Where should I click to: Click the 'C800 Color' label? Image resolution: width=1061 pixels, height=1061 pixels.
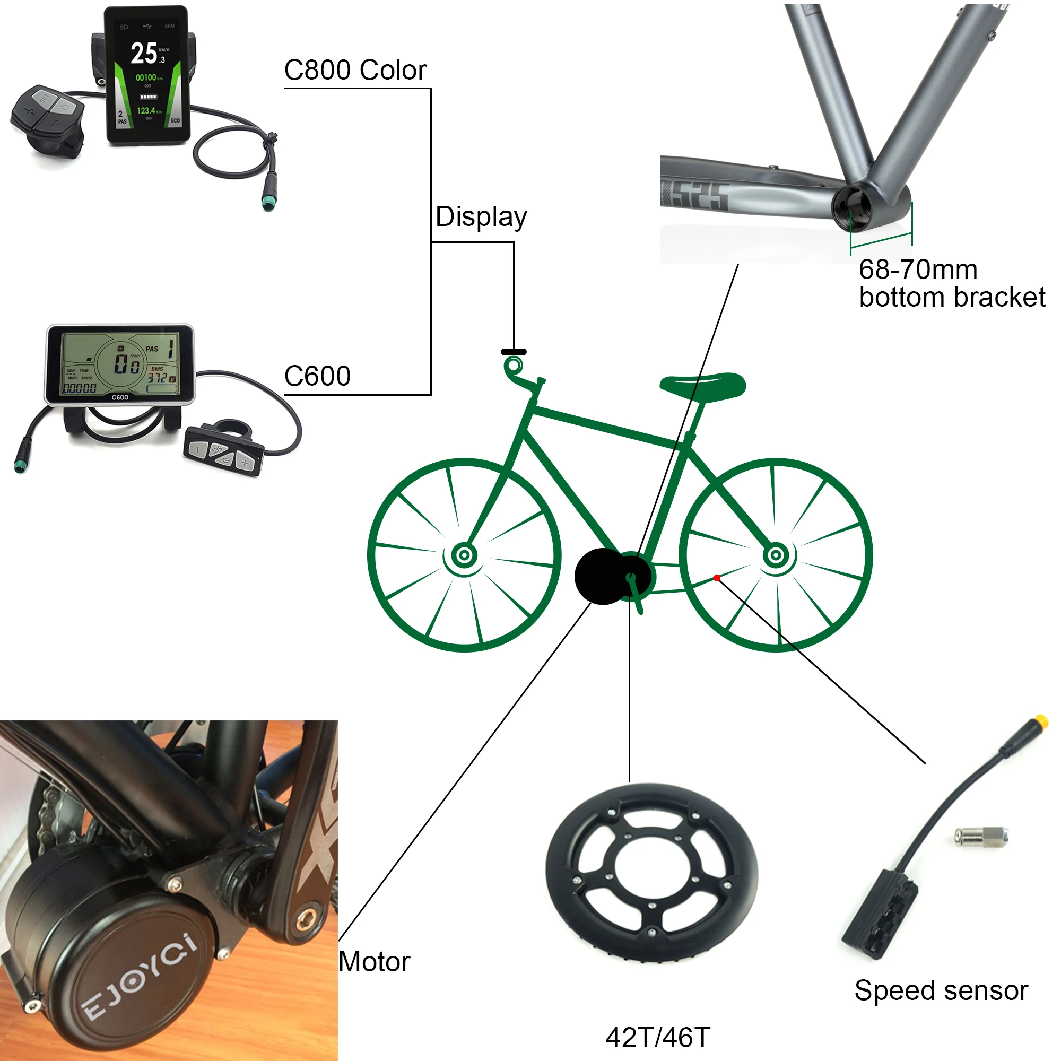tap(355, 71)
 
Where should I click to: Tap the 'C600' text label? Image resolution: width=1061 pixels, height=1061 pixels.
tap(317, 376)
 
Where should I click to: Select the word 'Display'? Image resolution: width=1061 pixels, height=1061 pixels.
tap(481, 216)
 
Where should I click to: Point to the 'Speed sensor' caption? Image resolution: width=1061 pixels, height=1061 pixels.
tap(941, 990)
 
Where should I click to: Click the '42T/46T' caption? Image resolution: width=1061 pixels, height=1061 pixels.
tap(657, 1037)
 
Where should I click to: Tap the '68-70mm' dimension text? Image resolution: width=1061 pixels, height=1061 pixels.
tap(918, 269)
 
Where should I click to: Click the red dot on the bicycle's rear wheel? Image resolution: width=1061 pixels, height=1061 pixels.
tap(717, 578)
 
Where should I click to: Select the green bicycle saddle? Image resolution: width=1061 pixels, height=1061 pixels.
tap(703, 385)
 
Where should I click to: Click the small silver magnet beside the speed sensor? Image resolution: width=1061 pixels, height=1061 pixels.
tap(980, 837)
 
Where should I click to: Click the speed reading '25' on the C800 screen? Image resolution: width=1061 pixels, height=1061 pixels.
tap(144, 53)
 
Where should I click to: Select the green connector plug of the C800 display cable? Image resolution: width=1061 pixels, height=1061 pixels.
tap(268, 202)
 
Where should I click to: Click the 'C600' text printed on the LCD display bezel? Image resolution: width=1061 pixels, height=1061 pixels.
tap(120, 397)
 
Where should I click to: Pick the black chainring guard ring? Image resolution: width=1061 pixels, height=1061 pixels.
tap(651, 872)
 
